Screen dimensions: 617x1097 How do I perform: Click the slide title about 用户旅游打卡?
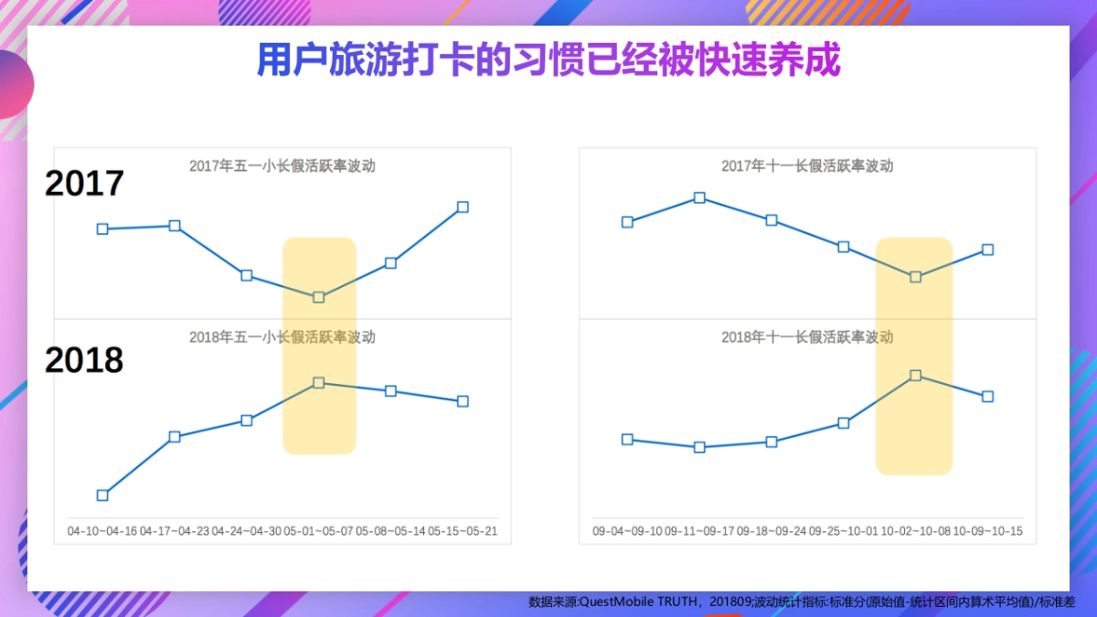(548, 61)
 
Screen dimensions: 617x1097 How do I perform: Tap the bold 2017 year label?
(84, 184)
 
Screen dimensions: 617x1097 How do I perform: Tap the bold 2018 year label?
(84, 360)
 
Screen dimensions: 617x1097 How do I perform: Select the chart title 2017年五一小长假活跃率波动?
(282, 166)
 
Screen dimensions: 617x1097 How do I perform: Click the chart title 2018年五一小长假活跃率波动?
(282, 337)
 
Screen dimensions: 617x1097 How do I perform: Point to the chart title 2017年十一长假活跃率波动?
(806, 166)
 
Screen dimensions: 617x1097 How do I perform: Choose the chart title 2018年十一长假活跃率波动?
(806, 337)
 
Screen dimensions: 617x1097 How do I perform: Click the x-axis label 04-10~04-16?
(102, 531)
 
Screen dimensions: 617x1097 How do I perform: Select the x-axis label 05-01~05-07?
(318, 531)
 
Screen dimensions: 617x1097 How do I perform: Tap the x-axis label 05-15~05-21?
(463, 531)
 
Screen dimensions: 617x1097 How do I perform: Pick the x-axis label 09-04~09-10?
(627, 531)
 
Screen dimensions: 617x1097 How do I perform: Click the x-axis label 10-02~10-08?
(915, 531)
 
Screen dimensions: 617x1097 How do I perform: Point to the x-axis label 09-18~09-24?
(772, 531)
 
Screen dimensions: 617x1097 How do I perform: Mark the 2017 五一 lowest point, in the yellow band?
(319, 297)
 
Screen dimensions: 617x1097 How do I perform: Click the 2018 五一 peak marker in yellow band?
(319, 382)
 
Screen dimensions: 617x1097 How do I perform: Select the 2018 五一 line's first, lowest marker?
(102, 495)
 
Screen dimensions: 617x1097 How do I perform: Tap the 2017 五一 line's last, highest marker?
(463, 207)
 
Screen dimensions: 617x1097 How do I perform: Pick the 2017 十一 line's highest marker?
(699, 197)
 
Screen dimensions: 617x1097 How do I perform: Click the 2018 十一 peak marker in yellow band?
(915, 375)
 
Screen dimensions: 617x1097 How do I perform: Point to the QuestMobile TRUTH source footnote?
(802, 601)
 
